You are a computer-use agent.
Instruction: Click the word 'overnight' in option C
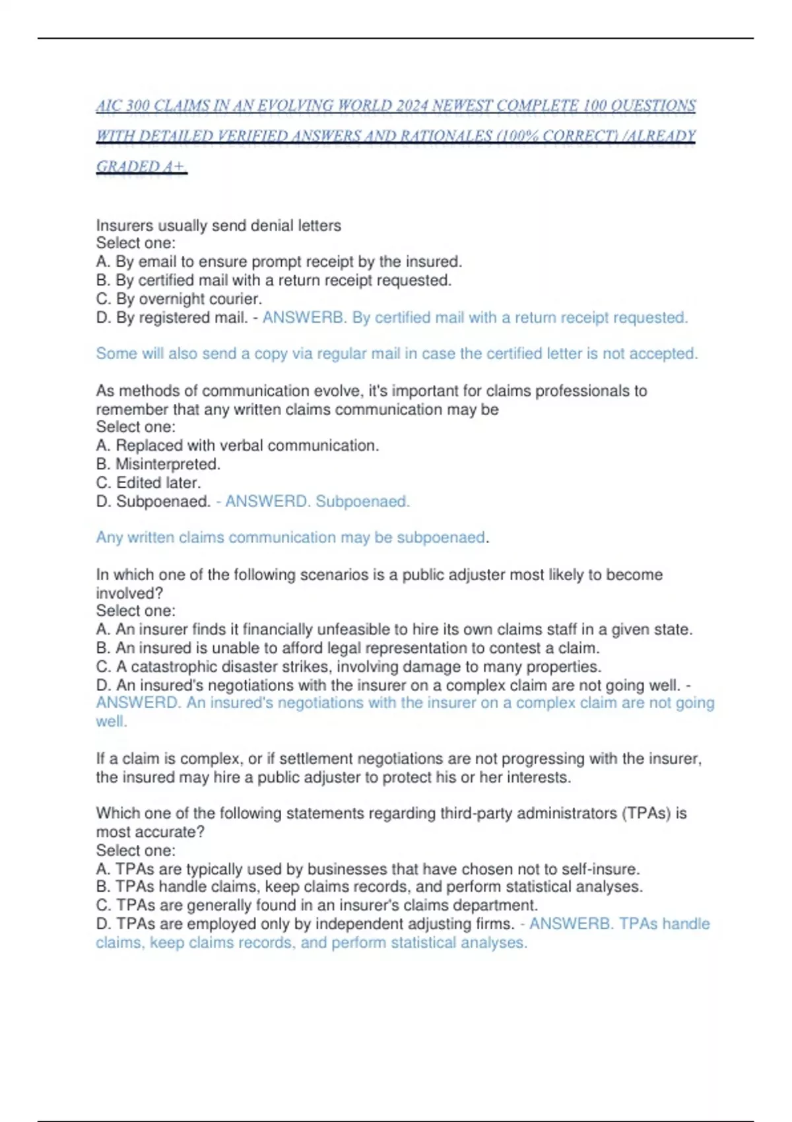[x=168, y=299]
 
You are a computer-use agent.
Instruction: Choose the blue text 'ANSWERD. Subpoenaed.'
[x=317, y=502]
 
